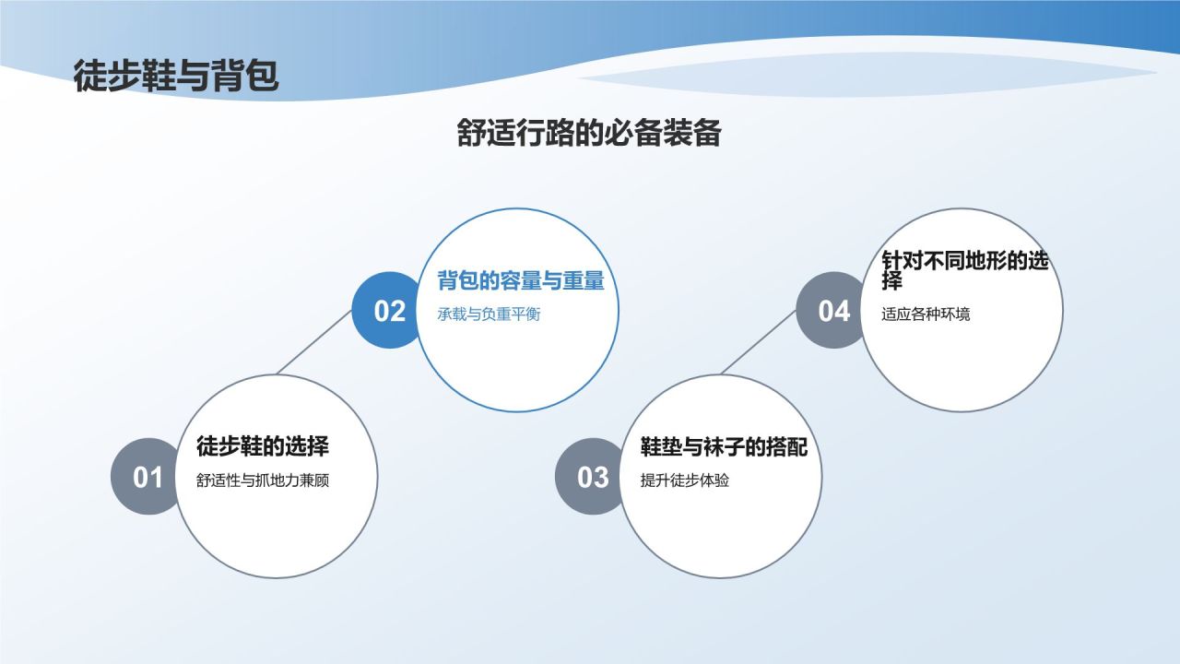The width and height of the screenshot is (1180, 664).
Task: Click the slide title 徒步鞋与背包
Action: pos(176,77)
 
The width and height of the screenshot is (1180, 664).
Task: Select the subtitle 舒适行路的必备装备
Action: pos(589,134)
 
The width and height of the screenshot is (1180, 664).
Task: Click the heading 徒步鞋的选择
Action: pos(263,447)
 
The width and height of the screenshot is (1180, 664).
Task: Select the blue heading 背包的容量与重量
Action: pos(521,281)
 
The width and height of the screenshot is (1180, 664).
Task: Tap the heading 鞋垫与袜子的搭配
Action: pos(725,447)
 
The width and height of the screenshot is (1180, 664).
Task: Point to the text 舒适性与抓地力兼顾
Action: pos(263,480)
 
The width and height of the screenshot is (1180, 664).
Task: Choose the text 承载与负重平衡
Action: pos(489,314)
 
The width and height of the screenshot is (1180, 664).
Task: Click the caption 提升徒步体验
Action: pos(685,480)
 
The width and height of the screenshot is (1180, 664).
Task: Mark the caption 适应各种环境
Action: pos(926,314)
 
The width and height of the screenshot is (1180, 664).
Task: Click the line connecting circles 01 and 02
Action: pos(314,341)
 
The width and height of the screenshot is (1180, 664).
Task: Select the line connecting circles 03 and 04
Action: pos(759,341)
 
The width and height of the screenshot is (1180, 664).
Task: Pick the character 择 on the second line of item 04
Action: pos(891,281)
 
